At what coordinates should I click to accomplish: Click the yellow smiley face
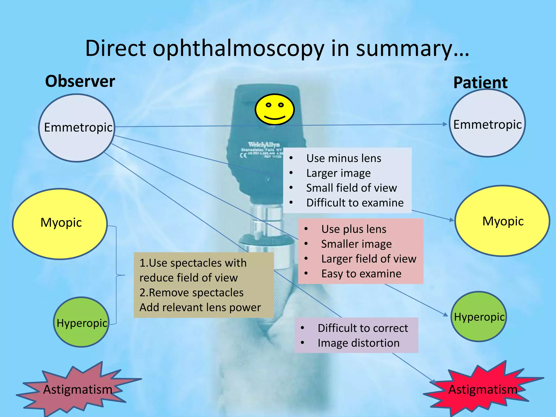tap(274, 109)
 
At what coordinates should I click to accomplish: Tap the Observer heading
tap(80, 81)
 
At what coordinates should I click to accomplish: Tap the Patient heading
tap(480, 83)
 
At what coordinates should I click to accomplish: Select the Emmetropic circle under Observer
tap(77, 128)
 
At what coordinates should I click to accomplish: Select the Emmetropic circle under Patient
tap(487, 124)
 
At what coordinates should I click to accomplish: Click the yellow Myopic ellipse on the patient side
tap(502, 221)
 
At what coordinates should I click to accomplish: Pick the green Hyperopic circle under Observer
tap(81, 323)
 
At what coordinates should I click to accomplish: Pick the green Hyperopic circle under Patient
tap(479, 317)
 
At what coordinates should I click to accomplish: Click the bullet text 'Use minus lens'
tap(343, 158)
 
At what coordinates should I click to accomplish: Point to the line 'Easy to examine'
tap(361, 274)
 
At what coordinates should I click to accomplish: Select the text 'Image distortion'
tap(358, 343)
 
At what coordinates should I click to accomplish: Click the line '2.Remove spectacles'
tap(191, 293)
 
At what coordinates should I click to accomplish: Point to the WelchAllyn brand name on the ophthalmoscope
tap(263, 144)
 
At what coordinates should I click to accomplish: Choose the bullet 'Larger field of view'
tap(368, 259)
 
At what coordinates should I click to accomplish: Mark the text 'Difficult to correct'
tap(363, 328)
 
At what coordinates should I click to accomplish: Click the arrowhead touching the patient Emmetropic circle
tap(445, 124)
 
